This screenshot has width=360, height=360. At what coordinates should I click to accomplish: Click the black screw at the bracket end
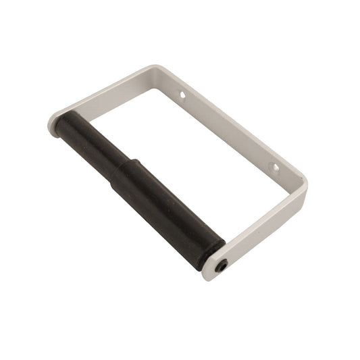[x=222, y=267]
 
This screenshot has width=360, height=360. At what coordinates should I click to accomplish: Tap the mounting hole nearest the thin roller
[x=182, y=96]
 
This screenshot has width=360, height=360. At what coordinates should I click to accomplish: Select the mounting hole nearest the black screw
[x=273, y=165]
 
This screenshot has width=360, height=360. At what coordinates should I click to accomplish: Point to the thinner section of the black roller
[x=88, y=144]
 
